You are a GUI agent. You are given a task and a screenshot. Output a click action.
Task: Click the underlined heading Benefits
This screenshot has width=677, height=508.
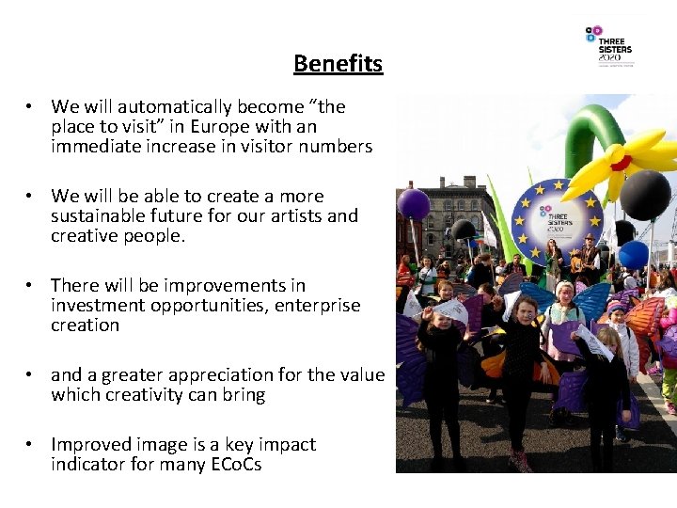click(x=338, y=64)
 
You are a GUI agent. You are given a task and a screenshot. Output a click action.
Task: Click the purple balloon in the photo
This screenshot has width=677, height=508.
click(x=413, y=204)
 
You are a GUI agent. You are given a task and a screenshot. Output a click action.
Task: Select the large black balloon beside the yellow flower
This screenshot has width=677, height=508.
click(x=646, y=195)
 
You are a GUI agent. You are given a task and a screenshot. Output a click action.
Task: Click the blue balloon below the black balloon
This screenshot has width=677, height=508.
click(x=634, y=254)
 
